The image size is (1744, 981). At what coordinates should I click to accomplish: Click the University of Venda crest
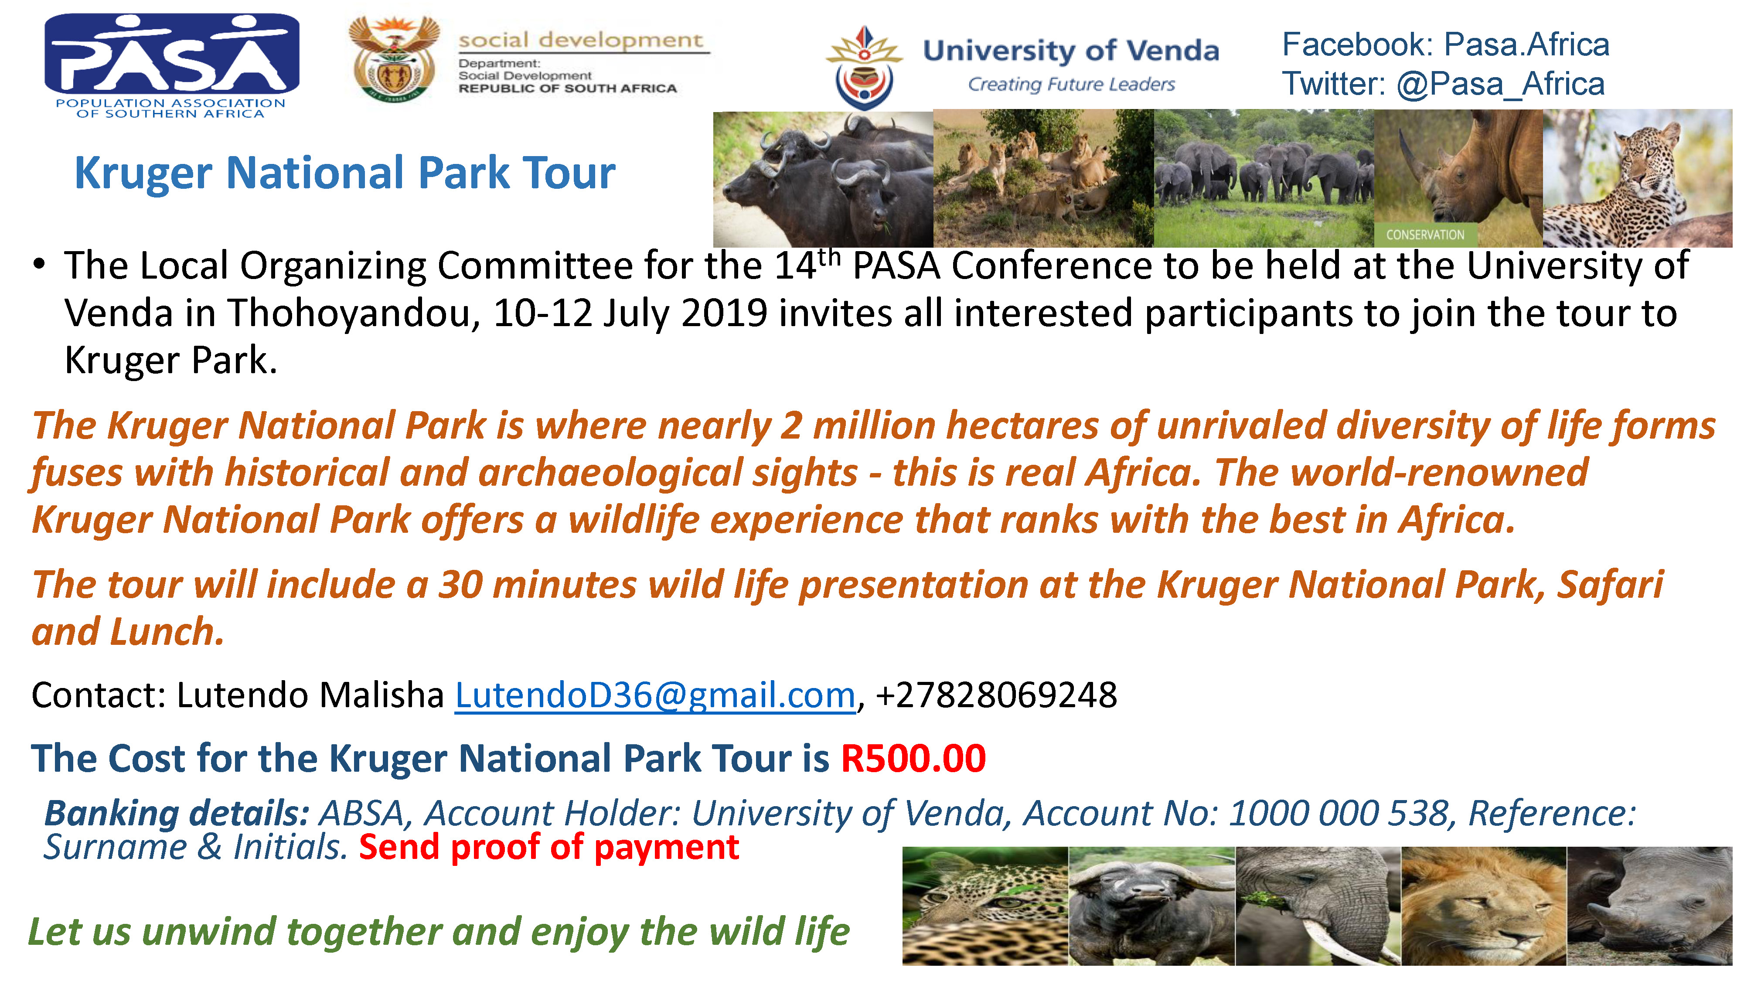[x=864, y=68]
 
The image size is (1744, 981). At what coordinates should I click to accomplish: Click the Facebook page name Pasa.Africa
[x=1527, y=44]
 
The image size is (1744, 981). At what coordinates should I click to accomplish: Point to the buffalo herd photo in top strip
[x=823, y=179]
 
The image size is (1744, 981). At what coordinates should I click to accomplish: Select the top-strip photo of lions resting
[x=1043, y=178]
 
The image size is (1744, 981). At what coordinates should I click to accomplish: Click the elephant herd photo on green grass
[x=1264, y=178]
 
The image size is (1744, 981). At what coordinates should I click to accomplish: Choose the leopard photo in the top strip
[x=1638, y=178]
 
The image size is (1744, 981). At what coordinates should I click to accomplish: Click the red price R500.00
[x=913, y=758]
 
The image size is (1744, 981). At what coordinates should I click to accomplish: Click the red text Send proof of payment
[x=549, y=848]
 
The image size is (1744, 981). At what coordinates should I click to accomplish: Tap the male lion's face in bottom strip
[x=1483, y=906]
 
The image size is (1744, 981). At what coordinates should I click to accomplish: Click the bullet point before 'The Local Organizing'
[x=39, y=264]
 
